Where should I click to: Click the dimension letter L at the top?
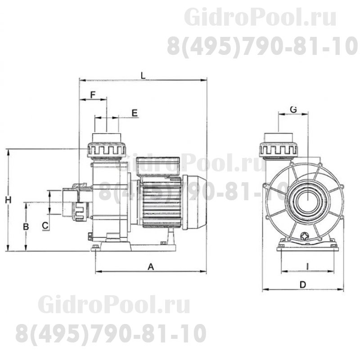143,75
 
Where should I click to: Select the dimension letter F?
93,94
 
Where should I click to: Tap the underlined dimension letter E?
135,113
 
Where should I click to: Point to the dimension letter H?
8,200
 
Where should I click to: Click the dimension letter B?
26,227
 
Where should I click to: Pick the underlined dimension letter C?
45,225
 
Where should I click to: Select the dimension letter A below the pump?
151,267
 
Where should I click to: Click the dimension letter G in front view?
293,109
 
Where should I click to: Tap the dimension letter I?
308,266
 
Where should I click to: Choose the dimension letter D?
303,285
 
